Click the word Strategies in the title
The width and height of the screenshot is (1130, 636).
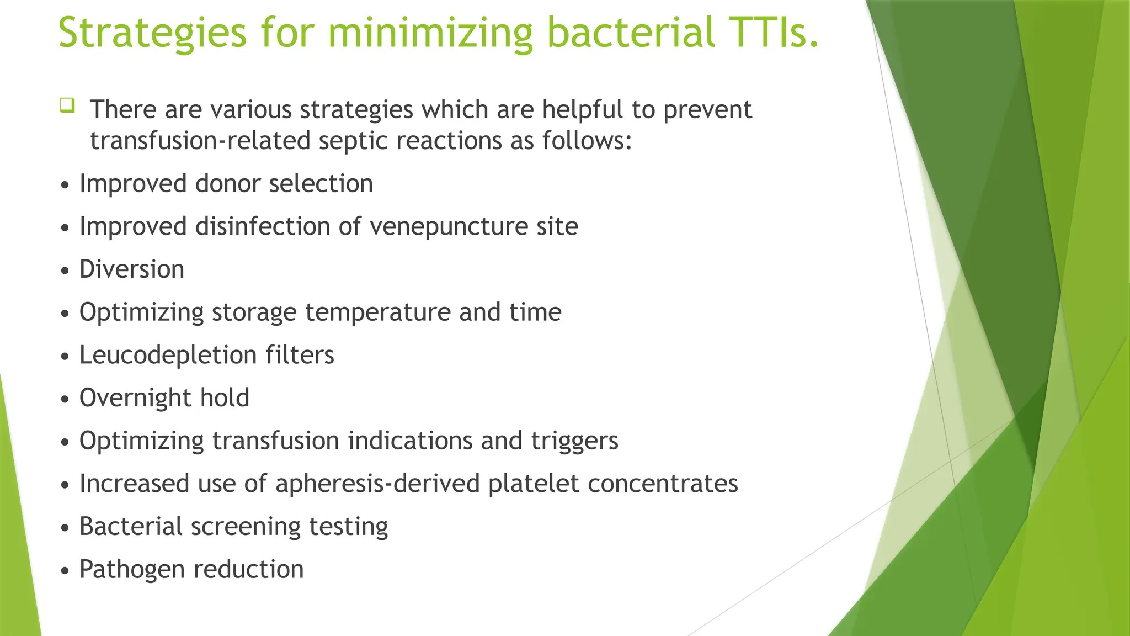pyautogui.click(x=152, y=33)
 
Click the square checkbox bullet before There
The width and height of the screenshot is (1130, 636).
pyautogui.click(x=67, y=105)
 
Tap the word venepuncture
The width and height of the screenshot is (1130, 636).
pyautogui.click(x=448, y=227)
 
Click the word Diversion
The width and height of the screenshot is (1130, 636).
pyautogui.click(x=132, y=269)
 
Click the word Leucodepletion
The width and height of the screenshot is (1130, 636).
pyautogui.click(x=168, y=355)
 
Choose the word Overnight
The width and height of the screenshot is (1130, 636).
pyautogui.click(x=135, y=397)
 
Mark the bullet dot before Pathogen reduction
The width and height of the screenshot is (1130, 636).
pyautogui.click(x=66, y=571)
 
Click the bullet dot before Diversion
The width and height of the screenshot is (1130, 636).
pyautogui.click(x=66, y=271)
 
